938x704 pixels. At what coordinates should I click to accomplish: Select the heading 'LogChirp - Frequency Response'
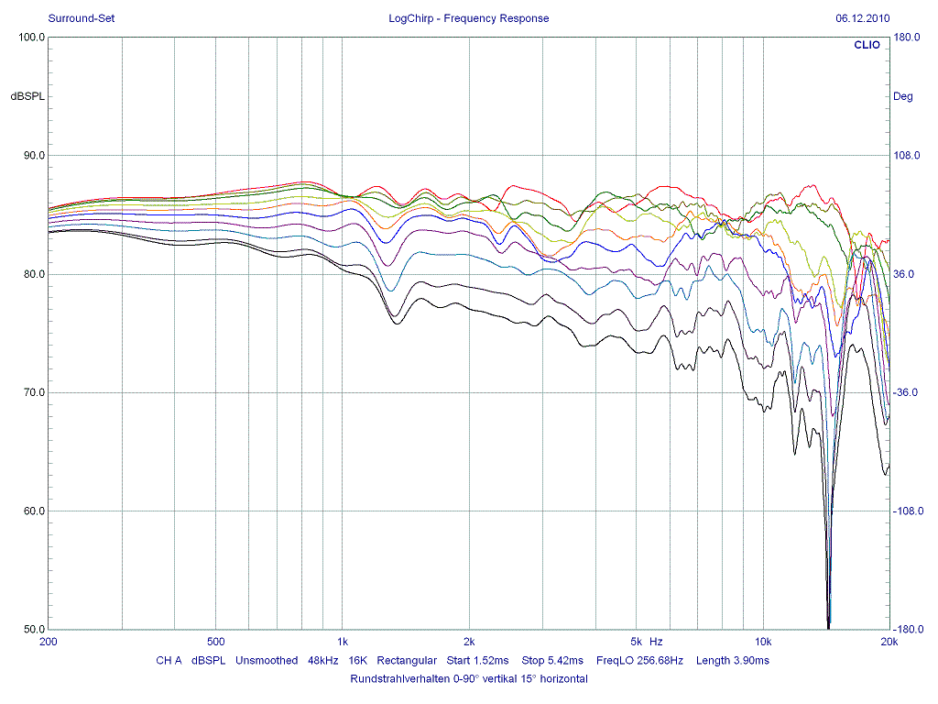469,18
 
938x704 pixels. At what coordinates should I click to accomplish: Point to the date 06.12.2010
863,18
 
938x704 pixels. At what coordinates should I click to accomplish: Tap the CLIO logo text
867,44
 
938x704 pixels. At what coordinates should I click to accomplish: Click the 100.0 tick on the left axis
32,38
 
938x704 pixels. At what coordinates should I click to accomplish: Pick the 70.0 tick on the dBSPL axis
32,392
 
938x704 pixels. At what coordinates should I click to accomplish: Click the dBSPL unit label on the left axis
27,96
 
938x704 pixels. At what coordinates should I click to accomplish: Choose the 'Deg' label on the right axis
903,96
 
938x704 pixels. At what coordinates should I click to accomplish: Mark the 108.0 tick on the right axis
907,156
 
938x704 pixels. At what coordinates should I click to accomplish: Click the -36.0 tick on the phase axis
907,392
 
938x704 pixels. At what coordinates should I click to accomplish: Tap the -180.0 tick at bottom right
907,629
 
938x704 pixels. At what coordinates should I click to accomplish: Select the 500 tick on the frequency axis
216,642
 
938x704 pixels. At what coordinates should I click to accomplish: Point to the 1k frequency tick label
342,642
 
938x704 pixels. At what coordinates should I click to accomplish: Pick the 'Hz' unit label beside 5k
655,642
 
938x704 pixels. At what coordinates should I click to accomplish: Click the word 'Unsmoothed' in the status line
267,661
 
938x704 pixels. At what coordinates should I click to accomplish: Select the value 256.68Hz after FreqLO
658,661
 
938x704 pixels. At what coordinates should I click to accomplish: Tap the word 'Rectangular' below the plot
407,661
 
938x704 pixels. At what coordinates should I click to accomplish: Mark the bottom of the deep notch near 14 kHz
829,626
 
